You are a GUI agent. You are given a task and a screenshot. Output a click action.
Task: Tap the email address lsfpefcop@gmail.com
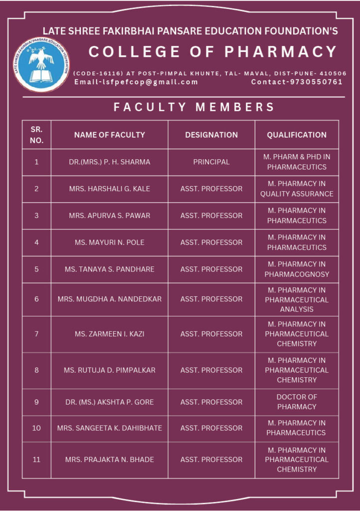(136, 82)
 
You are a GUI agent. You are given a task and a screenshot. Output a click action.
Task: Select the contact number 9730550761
(297, 82)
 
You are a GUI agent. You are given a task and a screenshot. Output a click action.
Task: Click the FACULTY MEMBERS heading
(194, 107)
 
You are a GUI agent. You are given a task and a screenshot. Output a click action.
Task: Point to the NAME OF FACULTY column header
(110, 135)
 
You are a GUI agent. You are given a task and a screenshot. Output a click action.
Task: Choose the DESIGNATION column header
(211, 135)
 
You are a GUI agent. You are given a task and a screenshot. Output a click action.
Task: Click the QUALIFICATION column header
(297, 135)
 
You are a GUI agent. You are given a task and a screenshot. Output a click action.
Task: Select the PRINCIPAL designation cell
(211, 162)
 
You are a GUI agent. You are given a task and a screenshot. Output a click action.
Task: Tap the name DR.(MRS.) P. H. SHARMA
(110, 162)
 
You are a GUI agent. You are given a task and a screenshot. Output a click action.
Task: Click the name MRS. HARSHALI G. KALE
(110, 189)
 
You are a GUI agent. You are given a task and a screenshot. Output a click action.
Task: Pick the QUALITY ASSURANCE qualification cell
(297, 189)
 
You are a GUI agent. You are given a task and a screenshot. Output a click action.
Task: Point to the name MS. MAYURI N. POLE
(110, 243)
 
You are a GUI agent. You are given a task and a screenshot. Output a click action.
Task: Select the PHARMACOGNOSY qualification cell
(297, 269)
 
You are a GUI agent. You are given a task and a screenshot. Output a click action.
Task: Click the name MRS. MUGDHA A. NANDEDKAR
(110, 299)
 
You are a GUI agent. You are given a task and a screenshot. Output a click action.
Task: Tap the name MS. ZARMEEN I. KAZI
(110, 334)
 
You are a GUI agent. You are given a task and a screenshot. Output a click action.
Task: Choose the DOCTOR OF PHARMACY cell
(297, 402)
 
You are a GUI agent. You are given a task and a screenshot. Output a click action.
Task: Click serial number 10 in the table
(36, 428)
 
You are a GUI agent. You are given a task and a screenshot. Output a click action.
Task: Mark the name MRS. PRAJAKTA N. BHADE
(110, 460)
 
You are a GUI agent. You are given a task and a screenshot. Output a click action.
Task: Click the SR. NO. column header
(36, 135)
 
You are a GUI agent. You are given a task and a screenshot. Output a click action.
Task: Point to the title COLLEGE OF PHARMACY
(213, 52)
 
